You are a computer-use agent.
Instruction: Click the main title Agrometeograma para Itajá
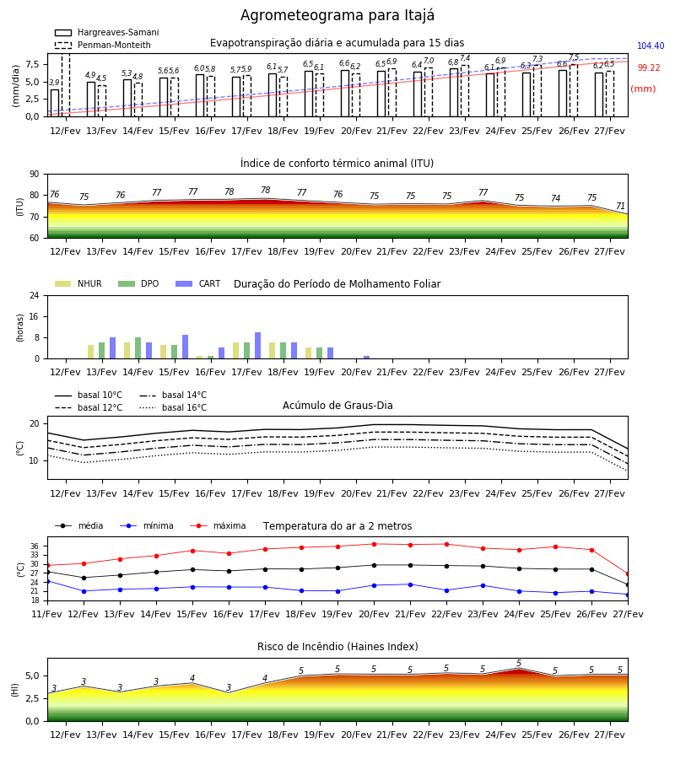point(337,15)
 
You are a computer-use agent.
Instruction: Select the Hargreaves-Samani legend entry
point(106,32)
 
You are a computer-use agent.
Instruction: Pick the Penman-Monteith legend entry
point(103,45)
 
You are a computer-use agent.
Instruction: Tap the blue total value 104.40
point(651,46)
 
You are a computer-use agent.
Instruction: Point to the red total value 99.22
point(649,67)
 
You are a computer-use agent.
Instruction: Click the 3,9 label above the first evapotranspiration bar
point(54,83)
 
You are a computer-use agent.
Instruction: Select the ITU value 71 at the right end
point(620,207)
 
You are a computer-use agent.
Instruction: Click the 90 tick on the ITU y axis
point(35,175)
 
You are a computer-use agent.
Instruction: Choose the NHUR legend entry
point(78,283)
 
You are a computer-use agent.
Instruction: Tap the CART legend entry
point(198,283)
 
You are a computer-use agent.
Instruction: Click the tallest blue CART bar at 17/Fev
point(257,346)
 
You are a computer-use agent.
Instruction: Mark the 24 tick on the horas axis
point(35,295)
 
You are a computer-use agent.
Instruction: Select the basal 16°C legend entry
point(173,407)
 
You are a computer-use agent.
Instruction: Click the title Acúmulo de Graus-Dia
point(337,405)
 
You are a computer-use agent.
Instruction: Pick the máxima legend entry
point(218,525)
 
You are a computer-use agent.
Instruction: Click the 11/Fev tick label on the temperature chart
point(47,614)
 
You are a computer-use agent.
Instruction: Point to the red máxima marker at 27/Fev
point(628,574)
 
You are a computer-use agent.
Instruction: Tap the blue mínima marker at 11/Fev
point(47,581)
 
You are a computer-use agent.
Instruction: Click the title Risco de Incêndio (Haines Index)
point(337,647)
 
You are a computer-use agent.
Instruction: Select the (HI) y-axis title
point(14,690)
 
